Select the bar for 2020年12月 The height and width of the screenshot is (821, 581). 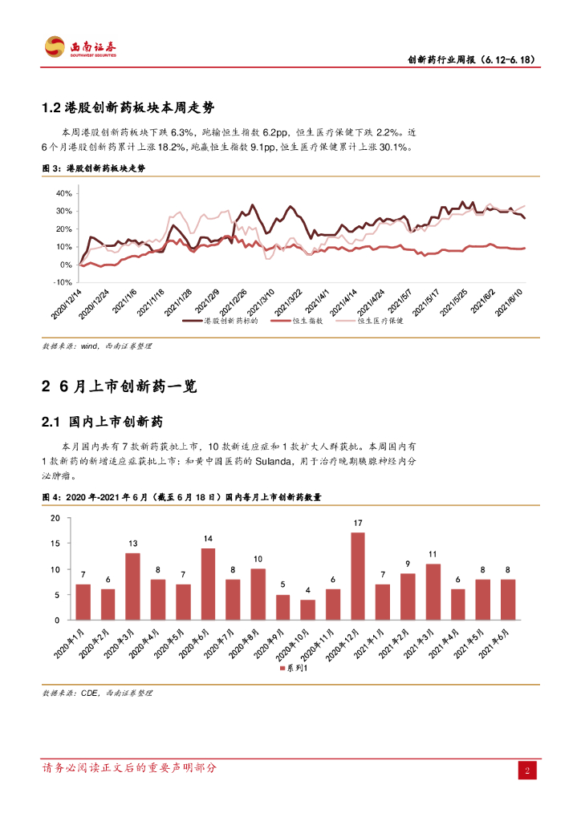[358, 576]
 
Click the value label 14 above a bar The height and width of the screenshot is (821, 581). [208, 539]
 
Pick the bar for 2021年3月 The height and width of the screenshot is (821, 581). [433, 592]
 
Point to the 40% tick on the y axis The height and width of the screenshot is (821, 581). [64, 193]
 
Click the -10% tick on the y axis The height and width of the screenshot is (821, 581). [63, 282]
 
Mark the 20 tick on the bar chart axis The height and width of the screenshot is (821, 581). [55, 518]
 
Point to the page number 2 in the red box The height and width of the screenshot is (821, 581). [526, 770]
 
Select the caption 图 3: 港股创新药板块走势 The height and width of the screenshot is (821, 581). [94, 169]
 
